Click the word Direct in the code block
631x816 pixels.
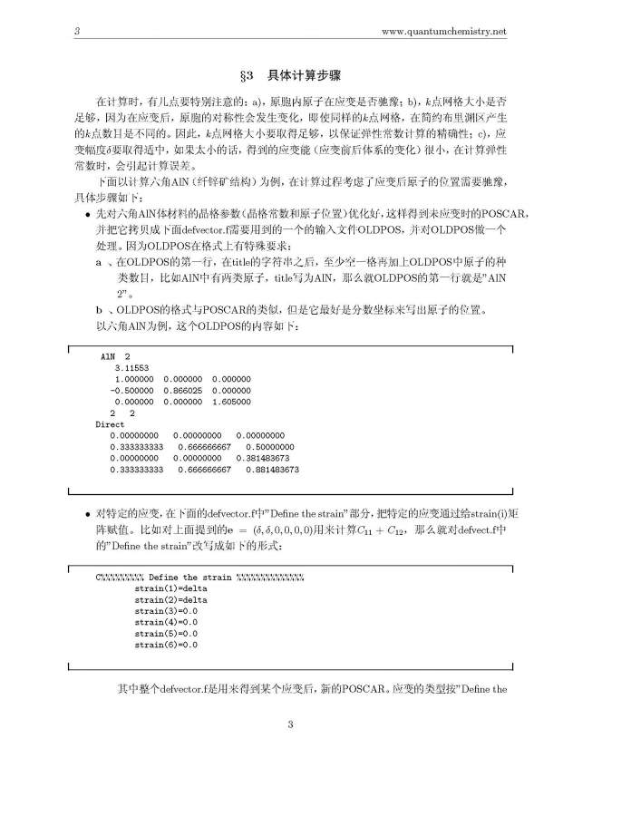click(x=111, y=423)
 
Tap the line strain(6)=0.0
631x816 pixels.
click(x=166, y=645)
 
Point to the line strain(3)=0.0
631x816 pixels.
click(x=166, y=611)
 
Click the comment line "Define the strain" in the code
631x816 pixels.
click(x=199, y=577)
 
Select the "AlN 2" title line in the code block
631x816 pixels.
click(x=115, y=356)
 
